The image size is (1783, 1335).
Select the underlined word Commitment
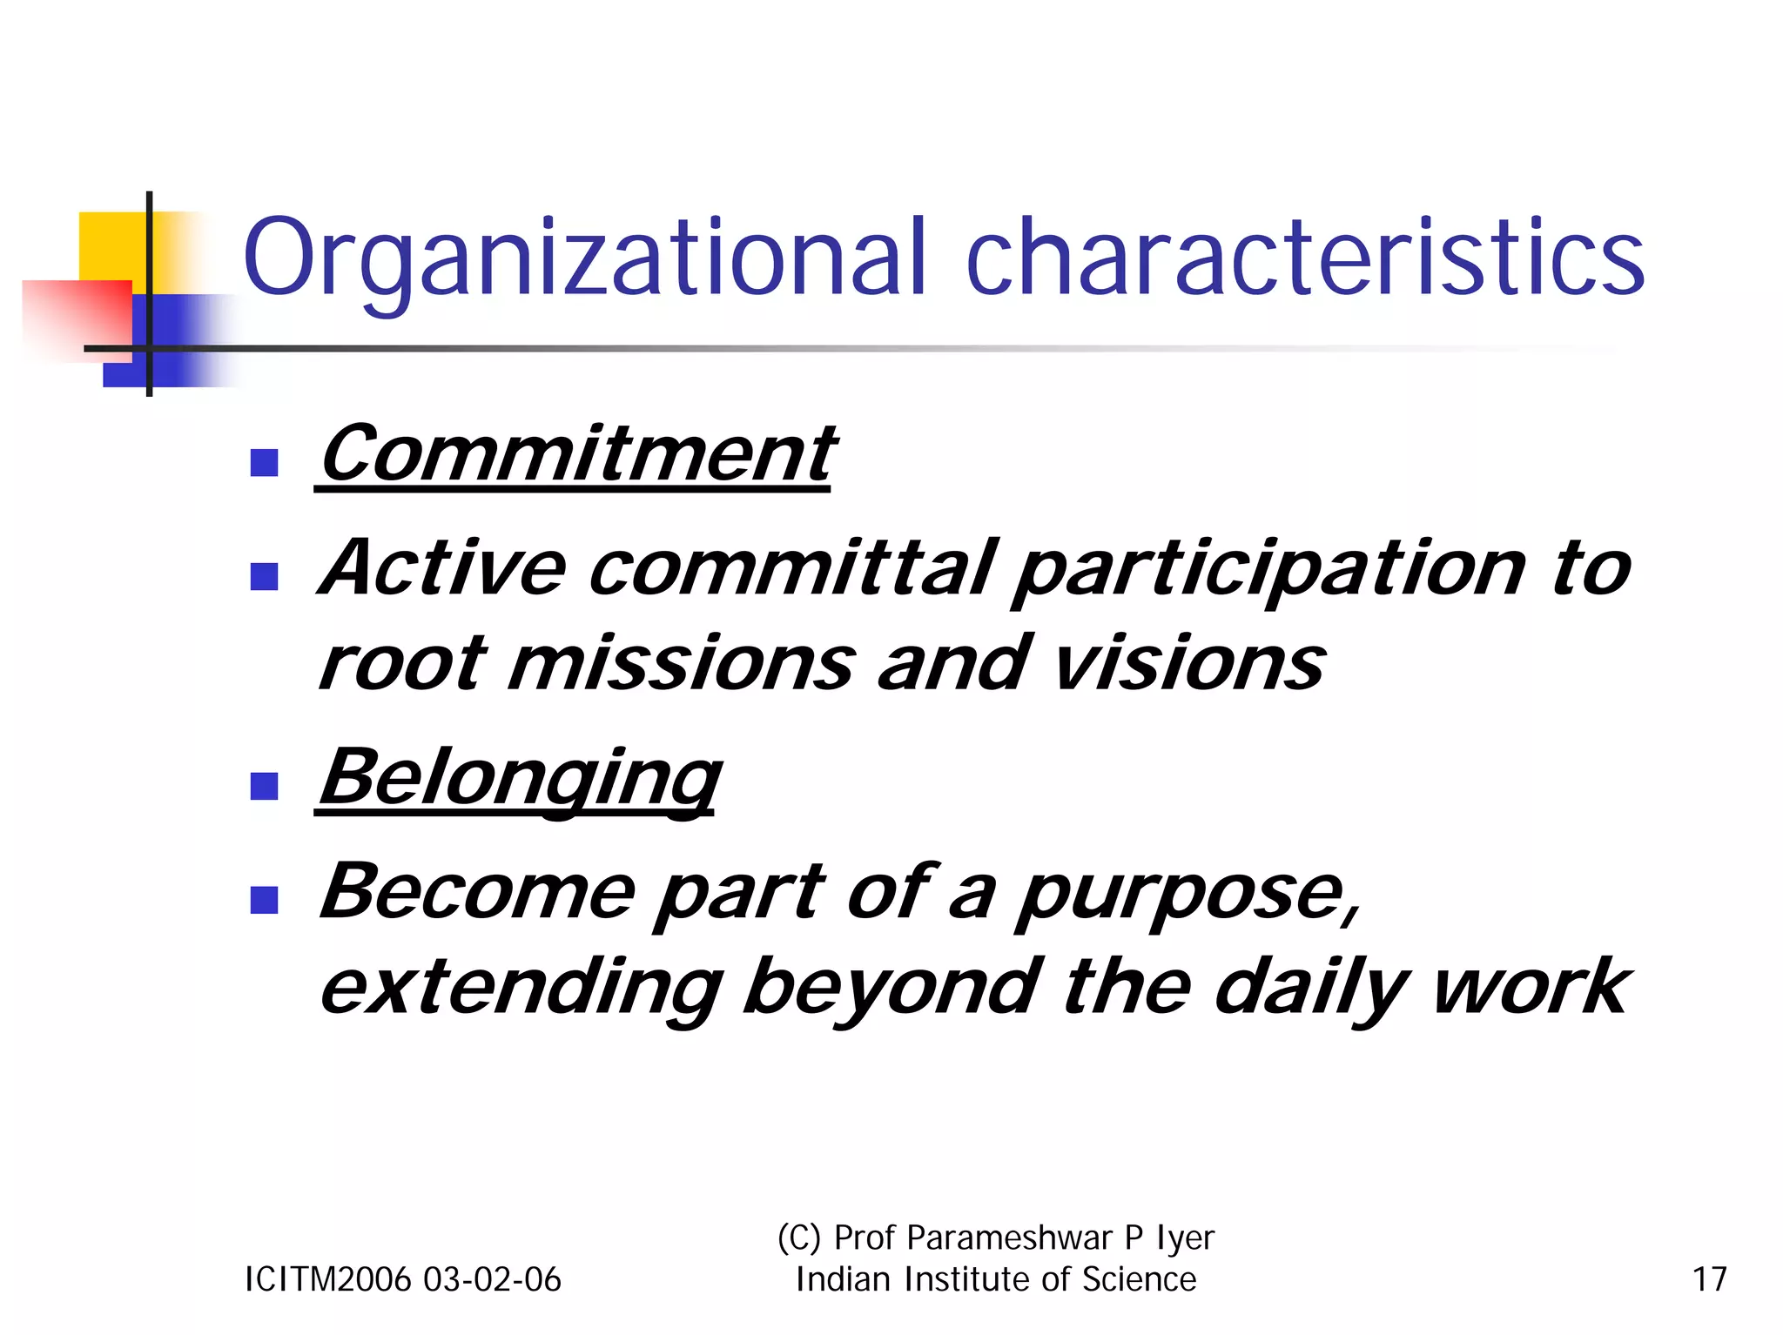[x=576, y=454]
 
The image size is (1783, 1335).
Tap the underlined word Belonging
[x=519, y=778]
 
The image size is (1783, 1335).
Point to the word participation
[x=1270, y=570]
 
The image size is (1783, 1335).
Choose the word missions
[x=680, y=664]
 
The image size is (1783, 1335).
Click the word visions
[x=1188, y=664]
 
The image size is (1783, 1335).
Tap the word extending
[x=521, y=989]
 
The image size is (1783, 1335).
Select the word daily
[x=1311, y=989]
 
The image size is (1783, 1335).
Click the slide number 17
[x=1709, y=1279]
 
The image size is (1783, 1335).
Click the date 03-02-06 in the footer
[x=492, y=1279]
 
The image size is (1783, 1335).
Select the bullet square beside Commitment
[x=264, y=462]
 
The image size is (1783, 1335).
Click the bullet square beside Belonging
[x=264, y=786]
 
